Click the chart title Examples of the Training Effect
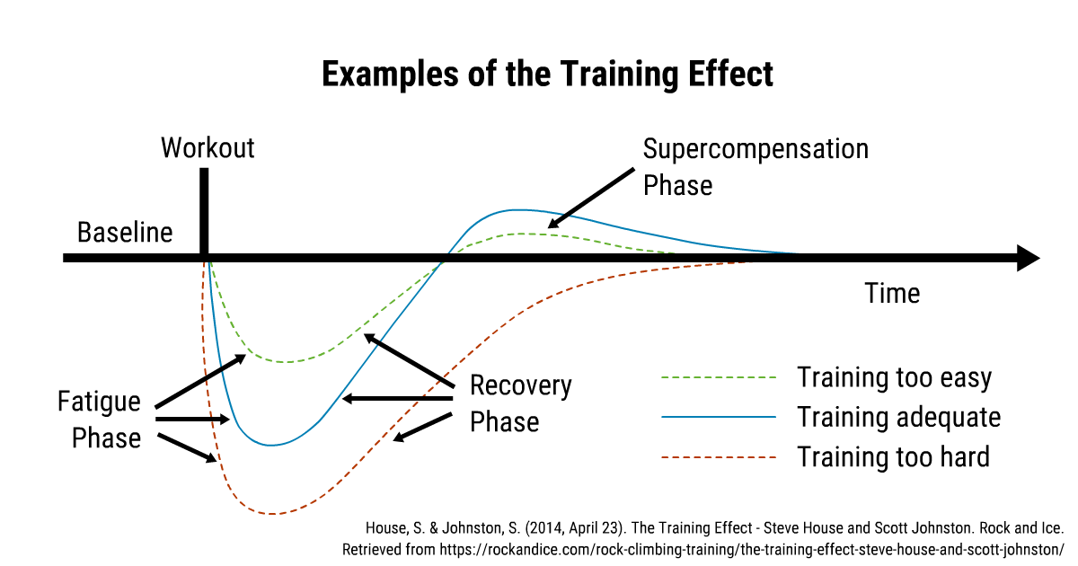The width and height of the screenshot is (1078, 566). pos(547,75)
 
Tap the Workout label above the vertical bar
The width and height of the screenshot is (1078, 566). pos(208,147)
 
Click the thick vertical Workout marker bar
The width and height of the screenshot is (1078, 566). pos(204,211)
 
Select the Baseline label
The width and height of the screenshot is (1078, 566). pos(125,233)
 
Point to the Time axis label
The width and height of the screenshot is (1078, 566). pos(892,293)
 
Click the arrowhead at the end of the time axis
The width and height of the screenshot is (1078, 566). pos(1039,259)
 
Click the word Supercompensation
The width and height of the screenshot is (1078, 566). pos(755,149)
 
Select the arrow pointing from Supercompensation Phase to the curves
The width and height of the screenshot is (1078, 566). pos(591,198)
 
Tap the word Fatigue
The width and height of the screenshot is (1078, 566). pos(99,402)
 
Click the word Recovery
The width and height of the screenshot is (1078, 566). pos(521,385)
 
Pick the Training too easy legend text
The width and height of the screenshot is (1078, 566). pos(894,377)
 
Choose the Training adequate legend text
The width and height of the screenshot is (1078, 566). pos(899,417)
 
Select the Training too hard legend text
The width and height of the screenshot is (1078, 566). pos(893,456)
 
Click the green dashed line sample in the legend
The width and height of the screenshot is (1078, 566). pos(719,378)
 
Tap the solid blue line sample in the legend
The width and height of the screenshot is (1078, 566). pos(719,417)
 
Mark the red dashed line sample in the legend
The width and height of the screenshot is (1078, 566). pos(719,457)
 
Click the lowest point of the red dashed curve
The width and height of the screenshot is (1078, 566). pos(272,514)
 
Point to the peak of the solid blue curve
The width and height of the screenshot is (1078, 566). pos(519,210)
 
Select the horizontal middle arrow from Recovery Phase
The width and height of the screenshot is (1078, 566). pos(397,399)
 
